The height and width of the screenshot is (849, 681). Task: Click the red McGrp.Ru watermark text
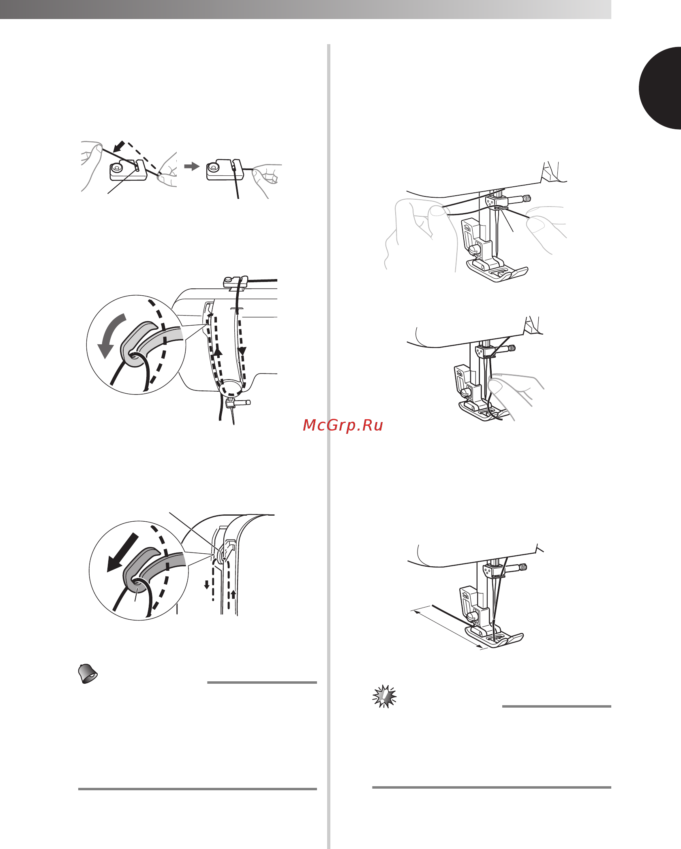pyautogui.click(x=343, y=425)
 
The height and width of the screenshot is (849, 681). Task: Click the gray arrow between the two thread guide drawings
pyautogui.click(x=192, y=166)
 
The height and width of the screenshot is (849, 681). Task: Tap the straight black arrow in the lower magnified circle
pyautogui.click(x=122, y=553)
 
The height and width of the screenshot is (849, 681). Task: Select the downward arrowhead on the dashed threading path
pyautogui.click(x=242, y=351)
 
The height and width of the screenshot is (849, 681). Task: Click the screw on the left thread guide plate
pyautogui.click(x=117, y=166)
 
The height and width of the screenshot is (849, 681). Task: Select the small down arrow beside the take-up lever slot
pyautogui.click(x=207, y=584)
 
